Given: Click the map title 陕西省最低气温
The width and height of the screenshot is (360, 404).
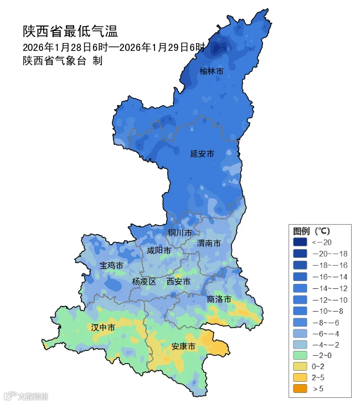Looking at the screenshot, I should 70,30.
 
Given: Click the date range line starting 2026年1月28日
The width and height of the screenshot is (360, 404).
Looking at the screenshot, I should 114,47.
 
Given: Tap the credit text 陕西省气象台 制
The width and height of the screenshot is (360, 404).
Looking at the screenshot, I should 62,61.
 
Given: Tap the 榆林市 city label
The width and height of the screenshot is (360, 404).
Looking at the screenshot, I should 212,71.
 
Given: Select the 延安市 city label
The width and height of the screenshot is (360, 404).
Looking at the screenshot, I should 202,153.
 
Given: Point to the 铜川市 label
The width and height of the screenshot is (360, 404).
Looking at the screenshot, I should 180,232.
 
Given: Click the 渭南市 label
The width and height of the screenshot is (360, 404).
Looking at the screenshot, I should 209,244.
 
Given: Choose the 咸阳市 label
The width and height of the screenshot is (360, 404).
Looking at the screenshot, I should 159,251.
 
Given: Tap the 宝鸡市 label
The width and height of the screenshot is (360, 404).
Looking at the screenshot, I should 111,266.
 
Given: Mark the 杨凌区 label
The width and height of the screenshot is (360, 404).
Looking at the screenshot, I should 144,282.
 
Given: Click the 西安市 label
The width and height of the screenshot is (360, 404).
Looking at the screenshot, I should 178,282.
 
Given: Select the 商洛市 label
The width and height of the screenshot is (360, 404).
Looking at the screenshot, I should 219,299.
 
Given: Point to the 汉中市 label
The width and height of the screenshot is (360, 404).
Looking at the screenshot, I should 103,328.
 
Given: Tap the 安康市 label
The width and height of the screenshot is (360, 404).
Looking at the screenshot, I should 183,346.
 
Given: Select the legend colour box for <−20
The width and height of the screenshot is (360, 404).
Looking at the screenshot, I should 300,242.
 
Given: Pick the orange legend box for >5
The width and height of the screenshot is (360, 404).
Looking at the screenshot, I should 300,389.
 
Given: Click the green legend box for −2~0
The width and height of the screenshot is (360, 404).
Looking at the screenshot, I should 300,355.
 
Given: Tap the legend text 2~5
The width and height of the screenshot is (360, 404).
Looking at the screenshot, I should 318,377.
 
